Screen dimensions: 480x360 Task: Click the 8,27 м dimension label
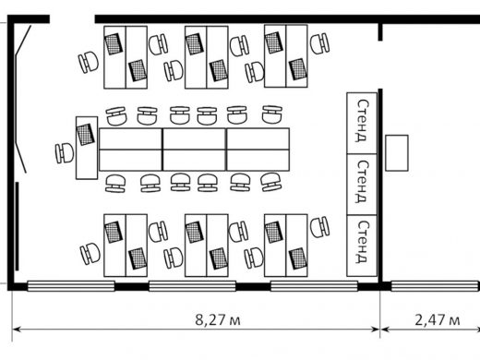[x=218, y=319]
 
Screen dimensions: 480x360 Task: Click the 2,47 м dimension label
[x=438, y=319]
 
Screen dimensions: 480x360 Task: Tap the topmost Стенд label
[x=362, y=120]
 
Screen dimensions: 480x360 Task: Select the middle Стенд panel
[x=362, y=185]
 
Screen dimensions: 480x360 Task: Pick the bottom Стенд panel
[x=362, y=246]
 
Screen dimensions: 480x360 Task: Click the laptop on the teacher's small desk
[x=85, y=134]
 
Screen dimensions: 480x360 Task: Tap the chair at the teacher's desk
[x=65, y=153]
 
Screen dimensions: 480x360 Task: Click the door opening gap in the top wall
[x=72, y=19]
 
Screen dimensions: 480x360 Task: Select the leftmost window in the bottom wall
[x=71, y=286]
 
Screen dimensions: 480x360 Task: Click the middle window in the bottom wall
[x=192, y=286]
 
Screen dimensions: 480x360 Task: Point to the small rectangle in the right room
[x=397, y=152]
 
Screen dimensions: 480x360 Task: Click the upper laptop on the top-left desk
[x=114, y=44]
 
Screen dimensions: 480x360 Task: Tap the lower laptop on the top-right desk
[x=298, y=69]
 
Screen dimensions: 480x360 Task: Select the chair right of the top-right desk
[x=319, y=43]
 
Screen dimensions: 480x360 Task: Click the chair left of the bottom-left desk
[x=90, y=253]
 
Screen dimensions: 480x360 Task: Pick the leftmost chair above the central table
[x=116, y=115]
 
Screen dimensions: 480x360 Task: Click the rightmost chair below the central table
[x=270, y=182]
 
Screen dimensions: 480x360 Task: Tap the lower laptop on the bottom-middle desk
[x=219, y=258]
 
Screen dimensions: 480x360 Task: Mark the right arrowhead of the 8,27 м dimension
[x=377, y=330]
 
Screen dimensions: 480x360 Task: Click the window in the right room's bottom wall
[x=436, y=286]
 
